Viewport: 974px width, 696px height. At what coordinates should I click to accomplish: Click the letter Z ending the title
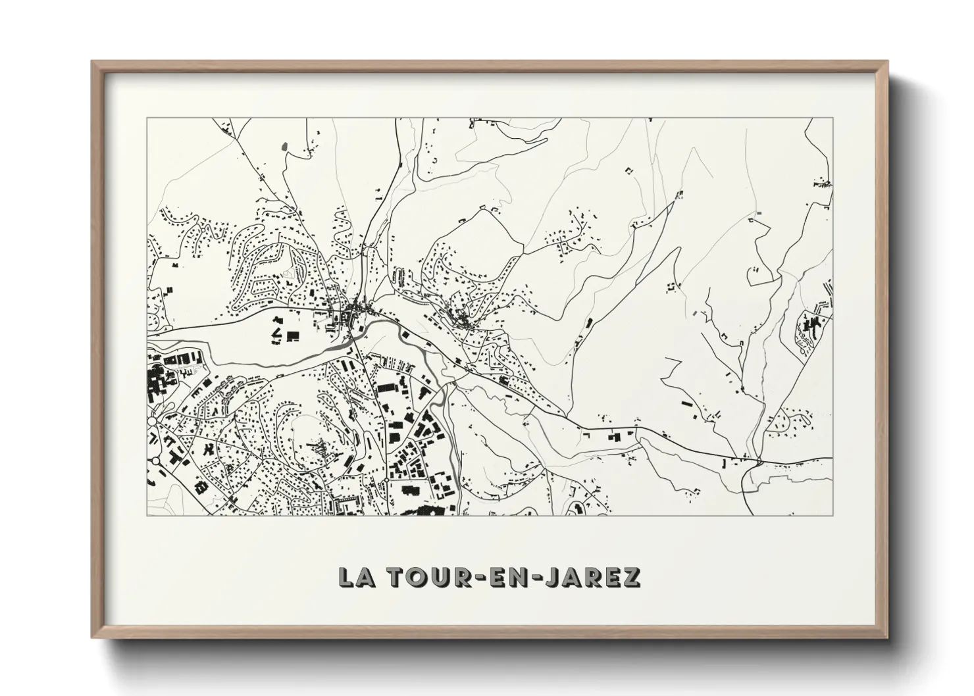pos(630,577)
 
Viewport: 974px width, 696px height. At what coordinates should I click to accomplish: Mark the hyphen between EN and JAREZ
pos(537,578)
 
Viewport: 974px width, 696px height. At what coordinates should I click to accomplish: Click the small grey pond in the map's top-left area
pos(284,146)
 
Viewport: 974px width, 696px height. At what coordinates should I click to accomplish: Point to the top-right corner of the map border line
pos(833,118)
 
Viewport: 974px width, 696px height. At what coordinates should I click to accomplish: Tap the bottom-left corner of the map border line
pos(147,515)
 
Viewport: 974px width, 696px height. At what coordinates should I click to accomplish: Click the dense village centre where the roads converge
pos(355,309)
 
